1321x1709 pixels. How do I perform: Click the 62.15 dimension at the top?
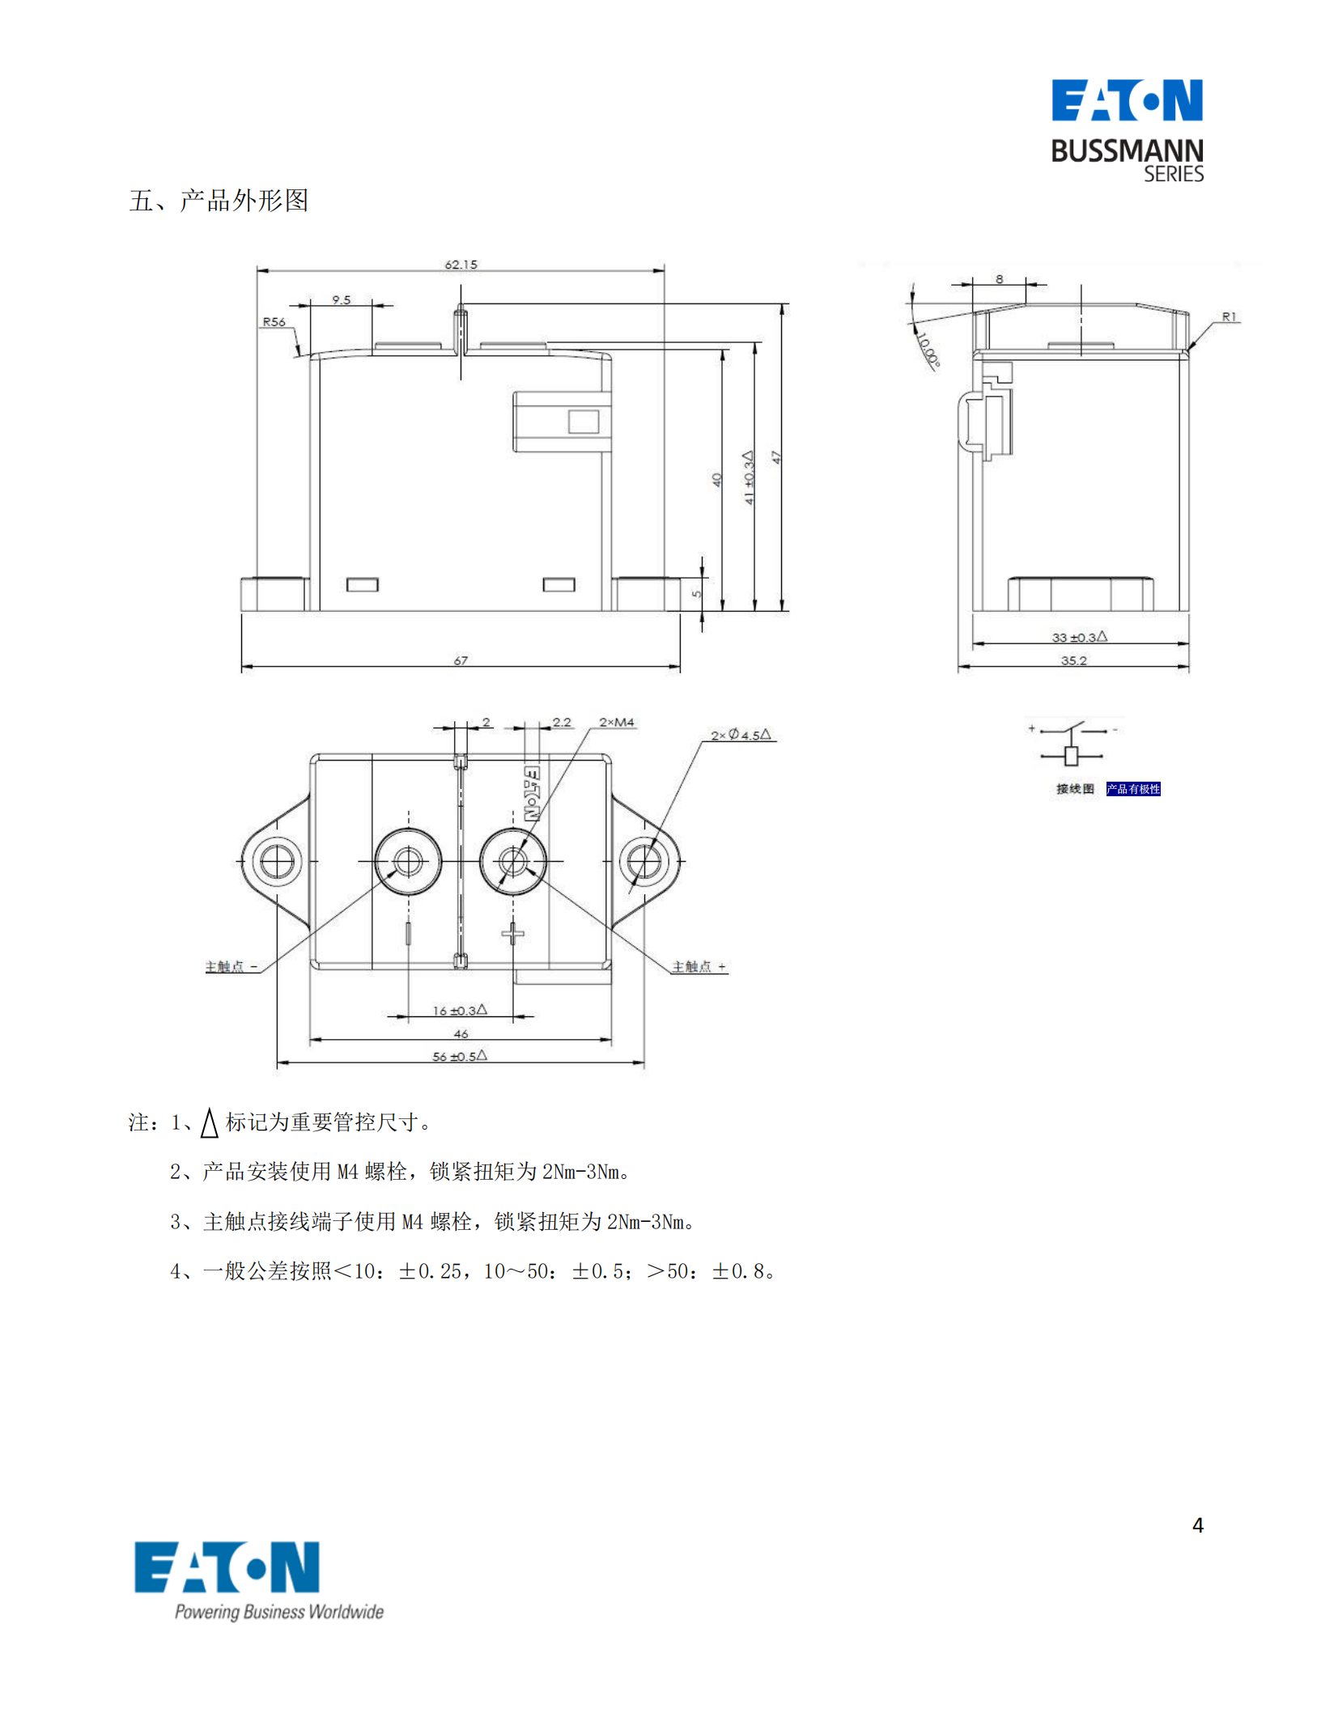[x=461, y=265]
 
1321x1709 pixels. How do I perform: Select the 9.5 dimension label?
[x=342, y=300]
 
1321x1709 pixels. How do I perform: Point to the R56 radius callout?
[x=274, y=322]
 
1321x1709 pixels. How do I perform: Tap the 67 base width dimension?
[x=461, y=660]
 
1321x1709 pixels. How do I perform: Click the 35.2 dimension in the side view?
[x=1073, y=660]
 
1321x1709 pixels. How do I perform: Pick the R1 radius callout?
[x=1229, y=317]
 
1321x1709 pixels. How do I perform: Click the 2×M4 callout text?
[x=617, y=722]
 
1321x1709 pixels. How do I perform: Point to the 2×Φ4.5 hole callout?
[x=741, y=735]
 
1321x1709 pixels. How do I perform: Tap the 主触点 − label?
[x=231, y=966]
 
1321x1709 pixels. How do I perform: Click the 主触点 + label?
[x=699, y=966]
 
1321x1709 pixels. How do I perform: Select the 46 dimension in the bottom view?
[x=461, y=1033]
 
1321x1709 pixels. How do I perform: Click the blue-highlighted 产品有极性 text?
[x=1133, y=789]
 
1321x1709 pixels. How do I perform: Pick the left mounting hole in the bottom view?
[x=277, y=861]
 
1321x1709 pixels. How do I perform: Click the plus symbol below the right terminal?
[x=512, y=935]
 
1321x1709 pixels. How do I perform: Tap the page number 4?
[x=1198, y=1525]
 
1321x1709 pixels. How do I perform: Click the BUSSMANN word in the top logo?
[x=1127, y=151]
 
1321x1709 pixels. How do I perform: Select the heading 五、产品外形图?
[x=219, y=200]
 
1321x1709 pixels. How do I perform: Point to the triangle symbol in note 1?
[x=210, y=1122]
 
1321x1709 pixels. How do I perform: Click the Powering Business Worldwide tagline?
[x=279, y=1611]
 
